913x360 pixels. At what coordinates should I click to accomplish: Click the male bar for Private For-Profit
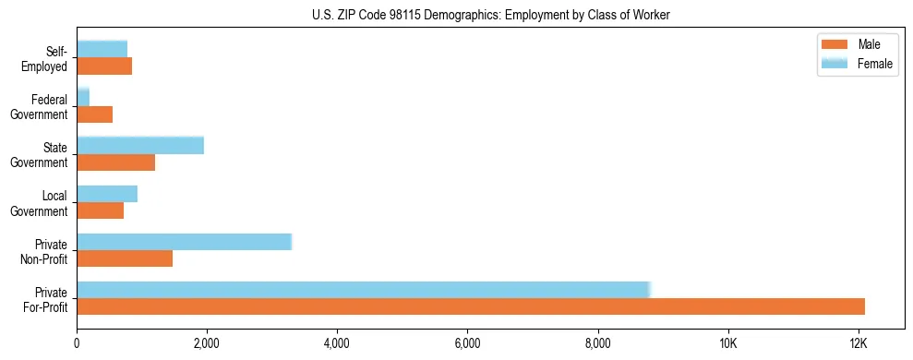(471, 306)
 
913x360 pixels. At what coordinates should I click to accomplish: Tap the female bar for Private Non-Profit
(184, 242)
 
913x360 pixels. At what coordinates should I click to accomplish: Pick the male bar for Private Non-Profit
(125, 258)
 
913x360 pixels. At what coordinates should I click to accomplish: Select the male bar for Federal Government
(94, 114)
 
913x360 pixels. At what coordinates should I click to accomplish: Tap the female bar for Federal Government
(83, 97)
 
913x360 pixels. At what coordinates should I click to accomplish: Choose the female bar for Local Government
(107, 194)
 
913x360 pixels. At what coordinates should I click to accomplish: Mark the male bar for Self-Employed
(104, 66)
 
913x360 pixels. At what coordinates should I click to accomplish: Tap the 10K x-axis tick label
(727, 343)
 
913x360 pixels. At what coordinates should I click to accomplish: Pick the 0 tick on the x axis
(77, 343)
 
